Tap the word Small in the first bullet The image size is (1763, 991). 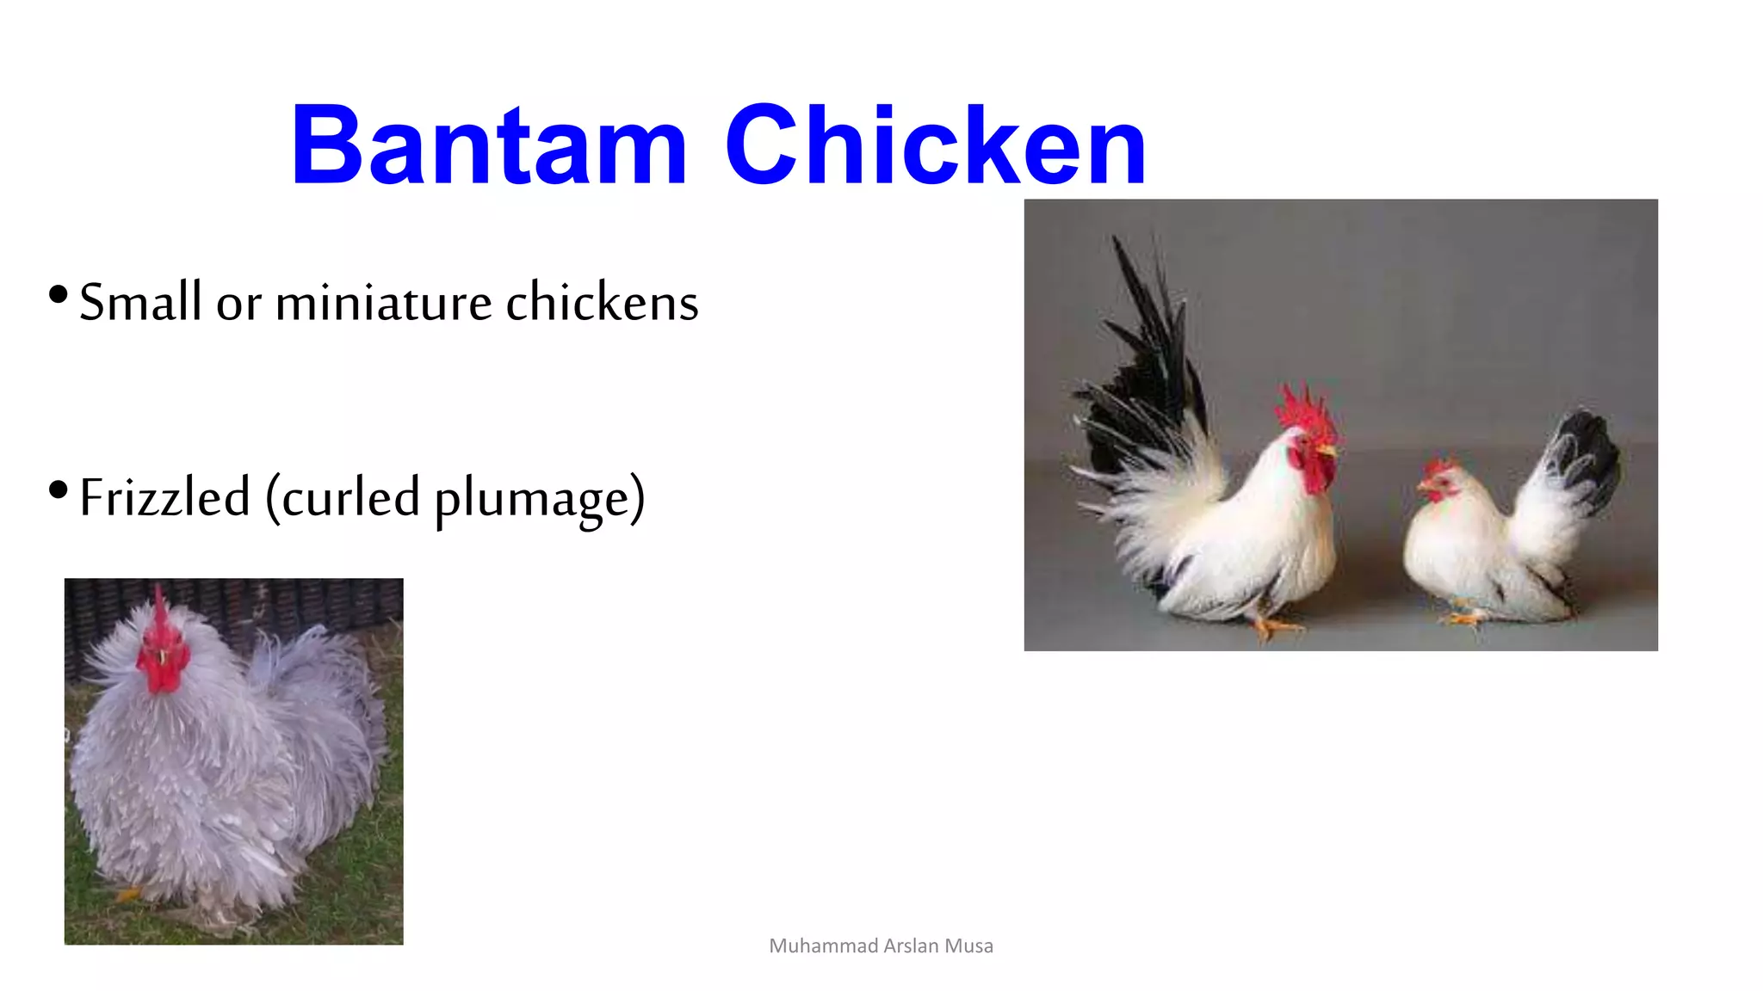pos(140,302)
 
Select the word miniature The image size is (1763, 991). pos(383,302)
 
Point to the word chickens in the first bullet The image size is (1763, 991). pos(602,302)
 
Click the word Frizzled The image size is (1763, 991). pos(164,497)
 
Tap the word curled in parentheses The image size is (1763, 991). pos(350,497)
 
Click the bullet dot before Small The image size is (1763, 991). pos(59,295)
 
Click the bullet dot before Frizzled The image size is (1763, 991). pos(59,490)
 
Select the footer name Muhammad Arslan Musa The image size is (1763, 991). pos(881,945)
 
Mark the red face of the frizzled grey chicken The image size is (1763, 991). pos(162,662)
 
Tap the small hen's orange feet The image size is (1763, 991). pos(1463,618)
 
